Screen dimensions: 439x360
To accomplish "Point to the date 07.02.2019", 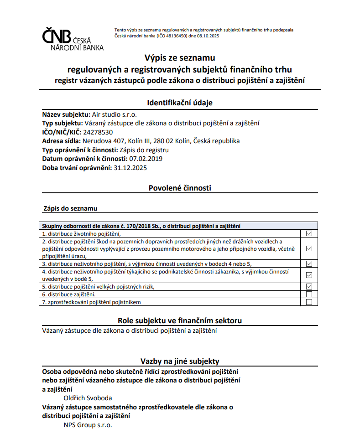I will point(146,159).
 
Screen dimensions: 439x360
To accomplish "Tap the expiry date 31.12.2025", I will point(130,167).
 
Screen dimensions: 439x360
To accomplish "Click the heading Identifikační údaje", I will point(180,103).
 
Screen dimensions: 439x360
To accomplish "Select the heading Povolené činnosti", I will point(180,187).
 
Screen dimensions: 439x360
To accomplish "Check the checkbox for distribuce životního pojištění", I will point(309,233).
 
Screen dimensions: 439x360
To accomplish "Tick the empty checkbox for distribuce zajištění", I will point(309,294).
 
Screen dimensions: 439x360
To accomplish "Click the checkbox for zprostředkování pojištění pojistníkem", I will point(309,302).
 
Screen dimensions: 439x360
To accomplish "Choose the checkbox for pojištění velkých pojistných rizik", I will point(309,286).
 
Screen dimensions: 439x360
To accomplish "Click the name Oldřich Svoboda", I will point(88,398).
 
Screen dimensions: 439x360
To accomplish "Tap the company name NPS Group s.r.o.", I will point(88,425).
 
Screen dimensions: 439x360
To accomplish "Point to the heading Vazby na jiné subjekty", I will point(180,361).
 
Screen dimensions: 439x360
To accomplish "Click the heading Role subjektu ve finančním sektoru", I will point(180,320).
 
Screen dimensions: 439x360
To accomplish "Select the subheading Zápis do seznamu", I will point(70,208).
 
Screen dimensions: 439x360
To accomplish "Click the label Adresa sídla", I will point(61,141).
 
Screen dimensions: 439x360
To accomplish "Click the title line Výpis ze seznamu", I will point(179,58).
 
